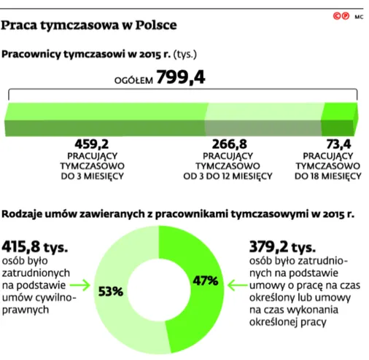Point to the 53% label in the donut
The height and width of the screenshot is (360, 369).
tap(111, 291)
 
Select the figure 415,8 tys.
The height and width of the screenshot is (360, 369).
tap(35, 246)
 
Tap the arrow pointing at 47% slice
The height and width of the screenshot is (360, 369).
tap(237, 285)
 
